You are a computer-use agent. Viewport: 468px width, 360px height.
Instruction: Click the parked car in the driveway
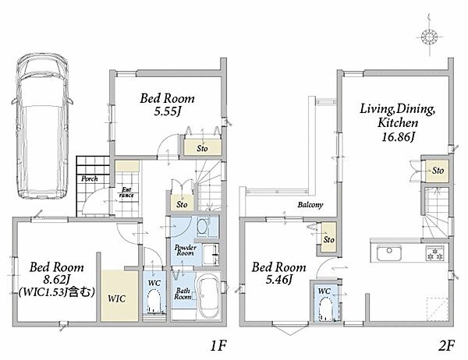(41, 126)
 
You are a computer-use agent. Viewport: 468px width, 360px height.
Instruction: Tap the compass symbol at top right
(429, 37)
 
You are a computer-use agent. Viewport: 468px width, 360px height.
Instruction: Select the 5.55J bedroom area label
(168, 111)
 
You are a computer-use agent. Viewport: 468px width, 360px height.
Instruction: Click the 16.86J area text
(399, 137)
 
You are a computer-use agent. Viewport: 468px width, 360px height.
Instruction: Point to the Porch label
(90, 178)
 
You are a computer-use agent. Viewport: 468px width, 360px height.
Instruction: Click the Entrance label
(126, 192)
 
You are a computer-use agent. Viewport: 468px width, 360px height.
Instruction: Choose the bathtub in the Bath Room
(208, 296)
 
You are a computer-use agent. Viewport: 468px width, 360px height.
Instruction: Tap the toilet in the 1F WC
(154, 302)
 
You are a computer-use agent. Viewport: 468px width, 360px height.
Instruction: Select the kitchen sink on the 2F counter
(389, 253)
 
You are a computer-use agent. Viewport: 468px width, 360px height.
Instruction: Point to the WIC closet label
(117, 298)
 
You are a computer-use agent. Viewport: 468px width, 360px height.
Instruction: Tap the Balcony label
(310, 205)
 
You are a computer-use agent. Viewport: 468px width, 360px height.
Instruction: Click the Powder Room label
(186, 250)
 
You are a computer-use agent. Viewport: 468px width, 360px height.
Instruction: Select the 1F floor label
(218, 346)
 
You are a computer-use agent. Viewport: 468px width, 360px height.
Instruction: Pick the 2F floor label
(446, 346)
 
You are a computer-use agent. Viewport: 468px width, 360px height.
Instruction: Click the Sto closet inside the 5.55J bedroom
(202, 147)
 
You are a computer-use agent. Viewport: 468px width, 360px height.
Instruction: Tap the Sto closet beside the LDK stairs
(438, 171)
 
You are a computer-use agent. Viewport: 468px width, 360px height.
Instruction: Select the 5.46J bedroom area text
(278, 280)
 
